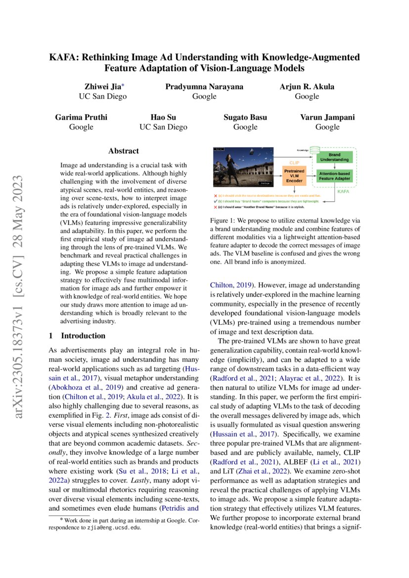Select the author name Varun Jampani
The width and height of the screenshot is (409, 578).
point(327,117)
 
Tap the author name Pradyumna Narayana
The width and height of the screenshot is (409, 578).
point(204,87)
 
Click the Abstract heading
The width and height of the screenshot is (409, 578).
point(124,151)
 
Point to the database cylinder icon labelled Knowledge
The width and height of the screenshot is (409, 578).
point(316,149)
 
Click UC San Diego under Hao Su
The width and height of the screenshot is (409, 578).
point(164,127)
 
